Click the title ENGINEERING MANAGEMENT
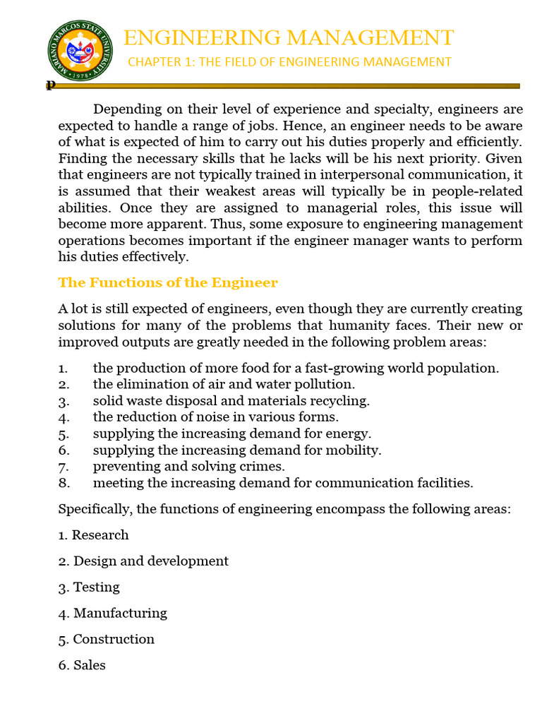tap(289, 37)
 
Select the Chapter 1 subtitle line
tap(289, 62)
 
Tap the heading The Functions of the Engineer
tap(168, 282)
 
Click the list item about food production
tap(296, 368)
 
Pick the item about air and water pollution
tap(224, 384)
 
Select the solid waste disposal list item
tap(231, 401)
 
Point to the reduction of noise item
tap(216, 417)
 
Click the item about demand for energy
tap(231, 434)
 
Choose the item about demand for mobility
tap(236, 450)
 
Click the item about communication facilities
tap(283, 483)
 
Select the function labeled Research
tap(94, 534)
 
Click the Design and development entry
tap(144, 561)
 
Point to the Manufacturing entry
tap(113, 613)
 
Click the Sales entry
tap(83, 665)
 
